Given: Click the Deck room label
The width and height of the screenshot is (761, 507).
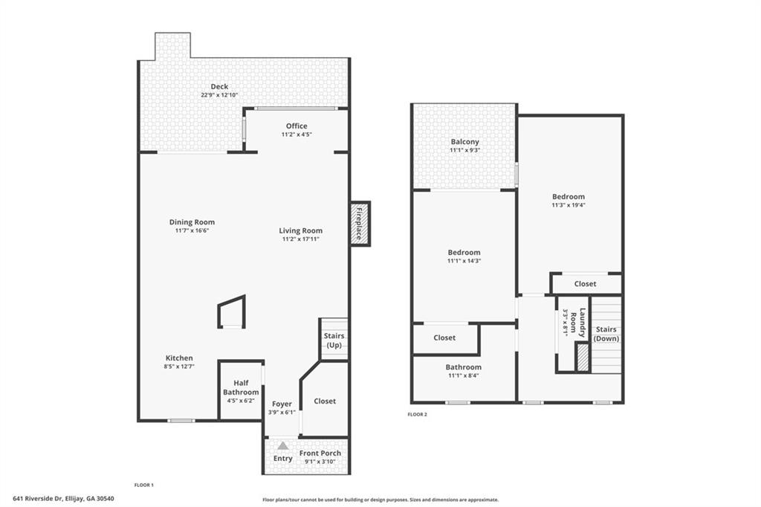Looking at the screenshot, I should tap(219, 87).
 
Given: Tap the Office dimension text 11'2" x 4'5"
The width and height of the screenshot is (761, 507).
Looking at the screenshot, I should tap(296, 135).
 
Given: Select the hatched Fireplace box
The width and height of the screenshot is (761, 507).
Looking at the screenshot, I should tap(360, 223).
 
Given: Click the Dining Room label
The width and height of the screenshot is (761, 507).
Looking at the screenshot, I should tap(192, 222).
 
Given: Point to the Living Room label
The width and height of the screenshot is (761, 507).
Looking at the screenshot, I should tap(301, 230).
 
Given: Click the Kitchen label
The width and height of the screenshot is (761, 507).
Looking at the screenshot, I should tap(179, 358).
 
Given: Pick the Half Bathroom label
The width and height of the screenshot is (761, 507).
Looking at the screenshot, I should tap(241, 387).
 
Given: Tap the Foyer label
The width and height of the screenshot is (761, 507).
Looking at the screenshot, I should tap(282, 404).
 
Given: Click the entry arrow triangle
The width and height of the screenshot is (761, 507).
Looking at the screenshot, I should tap(282, 446).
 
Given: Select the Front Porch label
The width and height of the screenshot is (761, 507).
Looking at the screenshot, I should tap(320, 453).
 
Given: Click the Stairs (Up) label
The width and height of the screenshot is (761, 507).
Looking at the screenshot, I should tap(334, 340).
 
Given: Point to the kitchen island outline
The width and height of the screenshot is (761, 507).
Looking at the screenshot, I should tap(231, 312).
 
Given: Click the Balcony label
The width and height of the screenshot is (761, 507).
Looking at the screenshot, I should tap(464, 141).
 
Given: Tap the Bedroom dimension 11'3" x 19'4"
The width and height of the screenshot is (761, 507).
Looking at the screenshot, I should tap(568, 205).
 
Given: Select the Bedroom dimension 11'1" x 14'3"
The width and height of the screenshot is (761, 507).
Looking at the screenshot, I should tap(464, 261).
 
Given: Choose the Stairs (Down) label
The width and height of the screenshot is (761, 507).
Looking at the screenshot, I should tap(606, 334).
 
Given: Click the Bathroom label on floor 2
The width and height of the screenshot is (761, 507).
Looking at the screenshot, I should tap(463, 366).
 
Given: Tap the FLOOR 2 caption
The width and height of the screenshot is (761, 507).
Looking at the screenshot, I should tap(418, 414).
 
